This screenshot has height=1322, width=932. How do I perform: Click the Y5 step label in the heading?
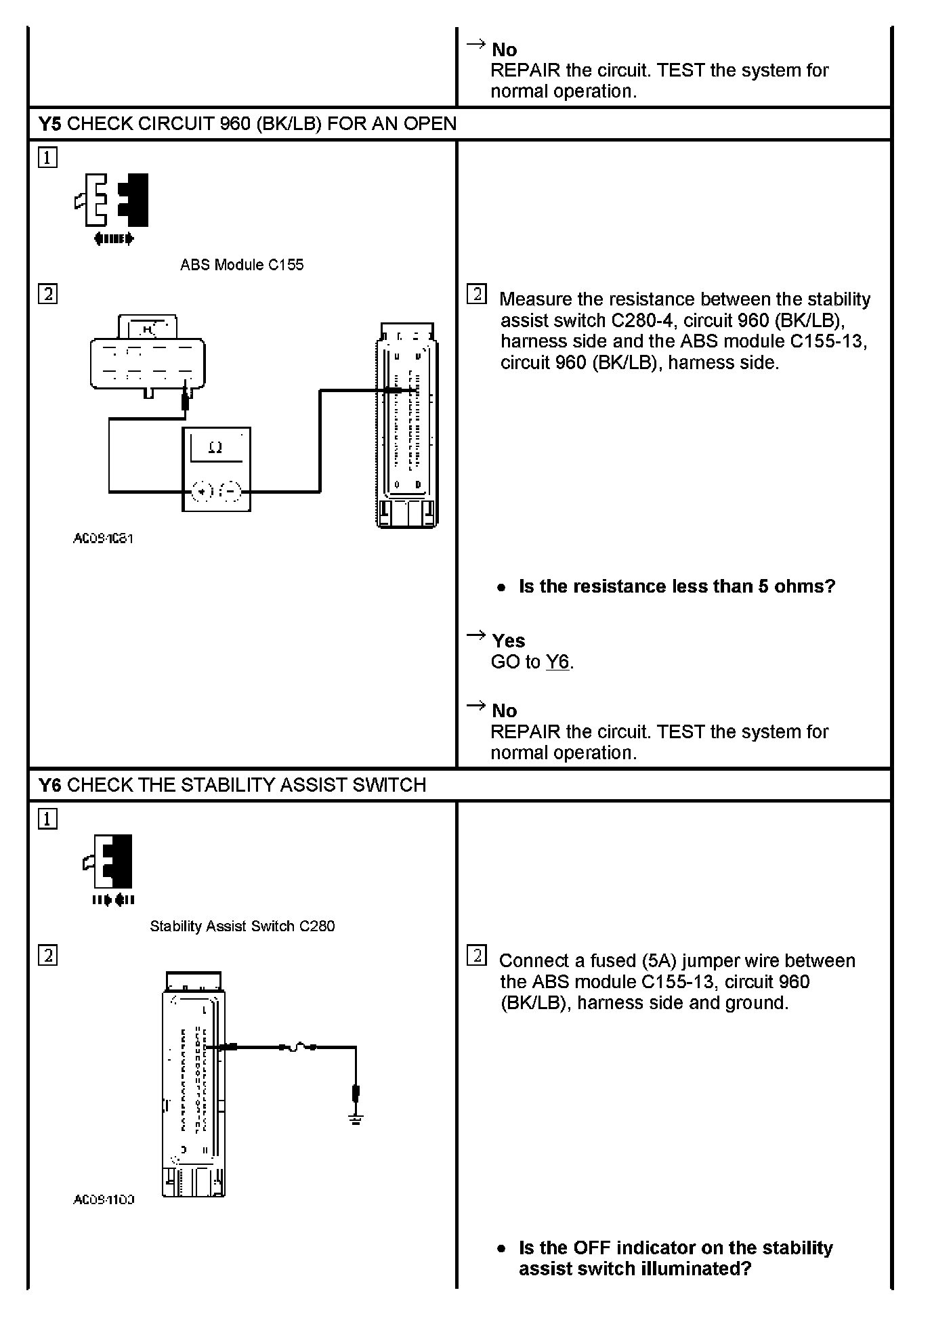point(49,124)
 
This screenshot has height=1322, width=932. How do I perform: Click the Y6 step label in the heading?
point(49,785)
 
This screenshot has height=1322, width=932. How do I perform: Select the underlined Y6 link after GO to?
point(557,662)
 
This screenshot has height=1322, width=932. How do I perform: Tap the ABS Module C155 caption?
point(242,265)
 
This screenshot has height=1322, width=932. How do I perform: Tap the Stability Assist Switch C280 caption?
point(242,926)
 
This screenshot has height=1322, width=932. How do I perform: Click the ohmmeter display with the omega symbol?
point(216,448)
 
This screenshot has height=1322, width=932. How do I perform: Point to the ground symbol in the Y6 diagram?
point(356,1119)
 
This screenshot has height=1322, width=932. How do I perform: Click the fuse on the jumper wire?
point(297,1048)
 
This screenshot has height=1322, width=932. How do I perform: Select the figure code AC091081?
point(103,539)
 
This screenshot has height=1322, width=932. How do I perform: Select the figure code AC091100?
point(104,1200)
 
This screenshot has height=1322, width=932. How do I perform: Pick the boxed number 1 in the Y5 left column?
point(47,158)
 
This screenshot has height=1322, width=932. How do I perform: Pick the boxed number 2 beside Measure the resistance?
point(477,295)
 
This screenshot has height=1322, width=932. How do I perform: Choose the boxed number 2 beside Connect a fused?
point(477,956)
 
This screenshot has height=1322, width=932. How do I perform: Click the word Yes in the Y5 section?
point(508,641)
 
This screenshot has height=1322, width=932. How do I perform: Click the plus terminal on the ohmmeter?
point(203,491)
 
